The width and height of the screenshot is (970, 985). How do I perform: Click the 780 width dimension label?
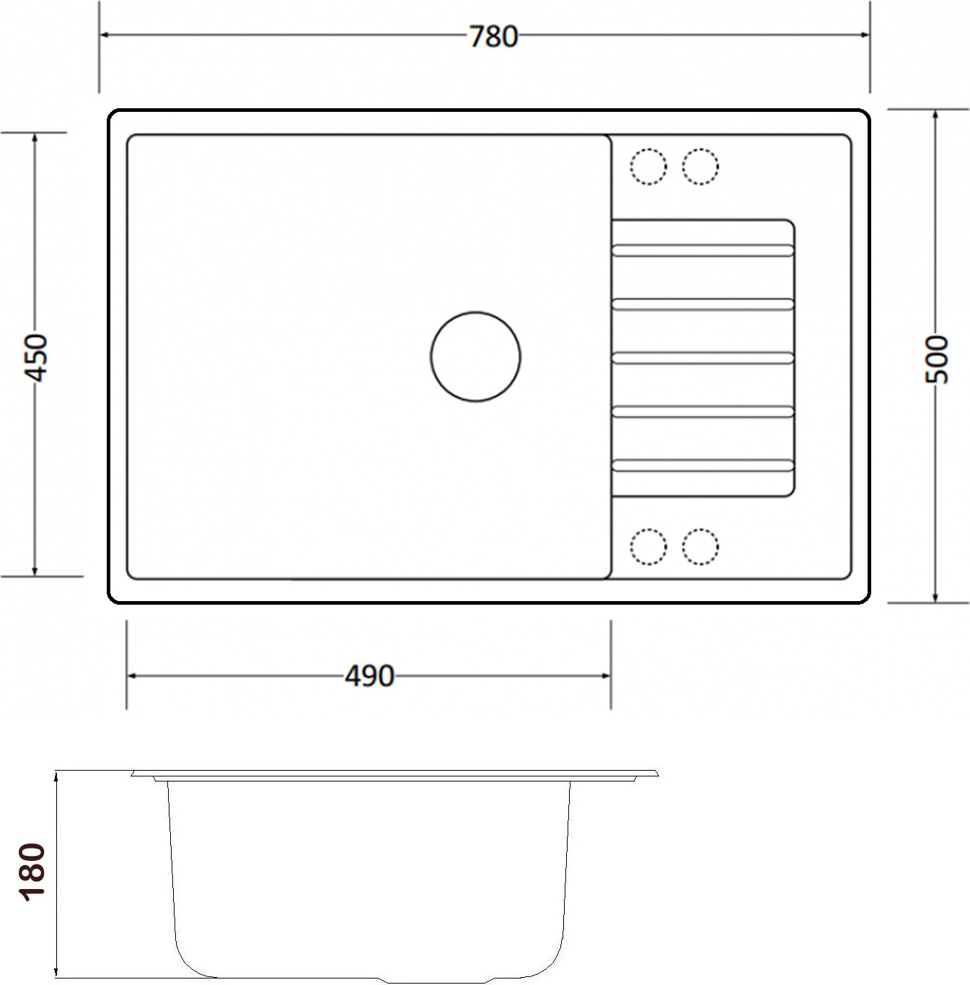(493, 37)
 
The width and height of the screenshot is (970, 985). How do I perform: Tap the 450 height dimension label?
(36, 358)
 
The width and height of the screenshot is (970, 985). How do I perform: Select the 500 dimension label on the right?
(936, 359)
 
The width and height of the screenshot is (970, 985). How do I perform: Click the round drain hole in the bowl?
(475, 356)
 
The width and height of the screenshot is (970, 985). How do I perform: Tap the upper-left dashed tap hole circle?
(648, 167)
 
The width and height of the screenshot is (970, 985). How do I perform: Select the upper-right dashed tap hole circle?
(700, 167)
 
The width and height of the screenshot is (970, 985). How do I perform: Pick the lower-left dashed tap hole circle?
(648, 547)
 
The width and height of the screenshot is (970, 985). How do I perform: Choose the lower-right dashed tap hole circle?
(700, 547)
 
